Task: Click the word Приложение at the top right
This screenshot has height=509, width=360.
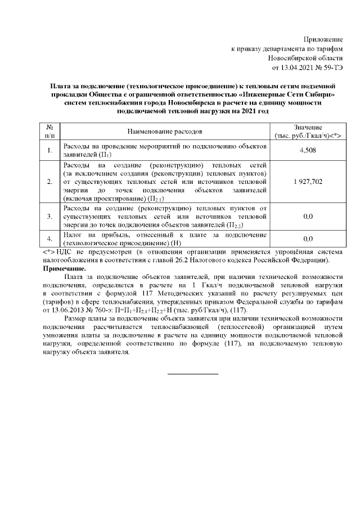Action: click(x=323, y=40)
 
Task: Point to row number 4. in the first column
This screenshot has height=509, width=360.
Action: click(x=50, y=238)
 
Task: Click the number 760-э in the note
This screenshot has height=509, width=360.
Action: click(x=110, y=310)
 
